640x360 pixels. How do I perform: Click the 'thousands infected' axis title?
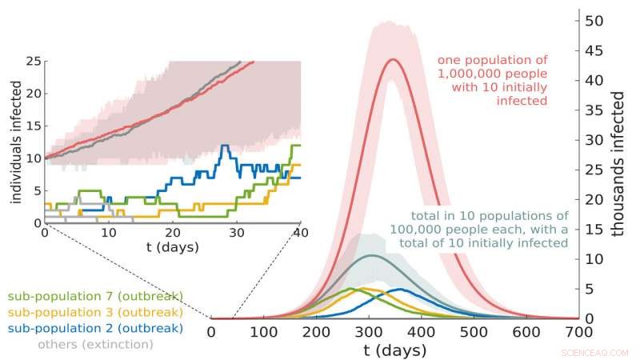tap(618, 163)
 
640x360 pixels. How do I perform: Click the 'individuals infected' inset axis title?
tap(16, 142)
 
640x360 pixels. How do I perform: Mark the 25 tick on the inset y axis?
tap(34, 61)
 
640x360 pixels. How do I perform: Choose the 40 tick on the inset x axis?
tap(300, 233)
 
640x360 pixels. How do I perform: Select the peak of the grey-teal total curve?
tap(370, 255)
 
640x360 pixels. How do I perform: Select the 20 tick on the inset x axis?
tap(173, 233)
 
